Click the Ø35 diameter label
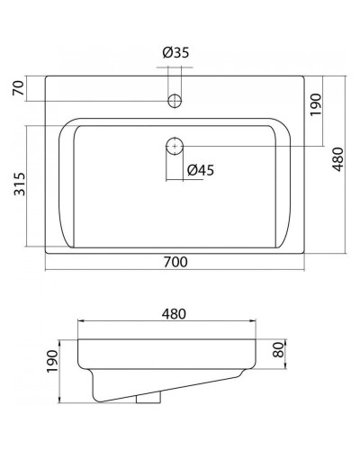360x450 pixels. pyautogui.click(x=175, y=53)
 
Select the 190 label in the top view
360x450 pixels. pyautogui.click(x=315, y=108)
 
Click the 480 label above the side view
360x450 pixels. pyautogui.click(x=175, y=313)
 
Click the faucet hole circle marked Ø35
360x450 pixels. pyautogui.click(x=175, y=97)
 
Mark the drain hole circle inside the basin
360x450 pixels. pyautogui.click(x=175, y=143)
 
